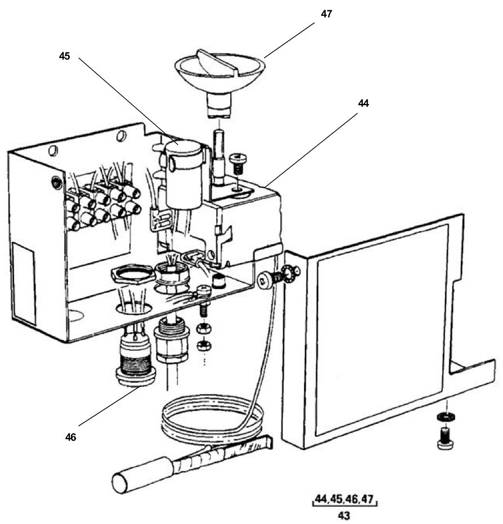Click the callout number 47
point(326,14)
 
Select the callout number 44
point(363,103)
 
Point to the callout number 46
point(70,436)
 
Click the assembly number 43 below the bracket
point(344,516)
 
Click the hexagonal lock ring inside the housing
point(133,275)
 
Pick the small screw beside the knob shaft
point(237,165)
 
